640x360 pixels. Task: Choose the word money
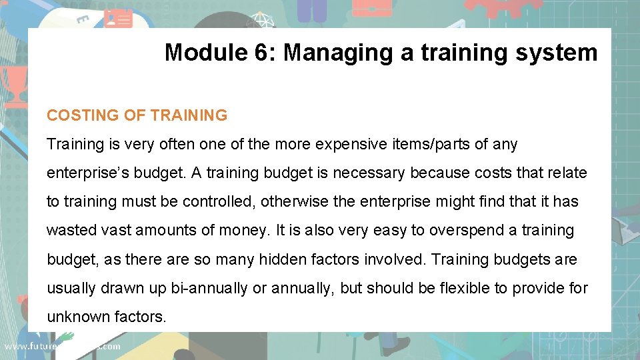pyautogui.click(x=243, y=230)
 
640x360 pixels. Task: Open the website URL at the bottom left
pyautogui.click(x=62, y=346)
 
